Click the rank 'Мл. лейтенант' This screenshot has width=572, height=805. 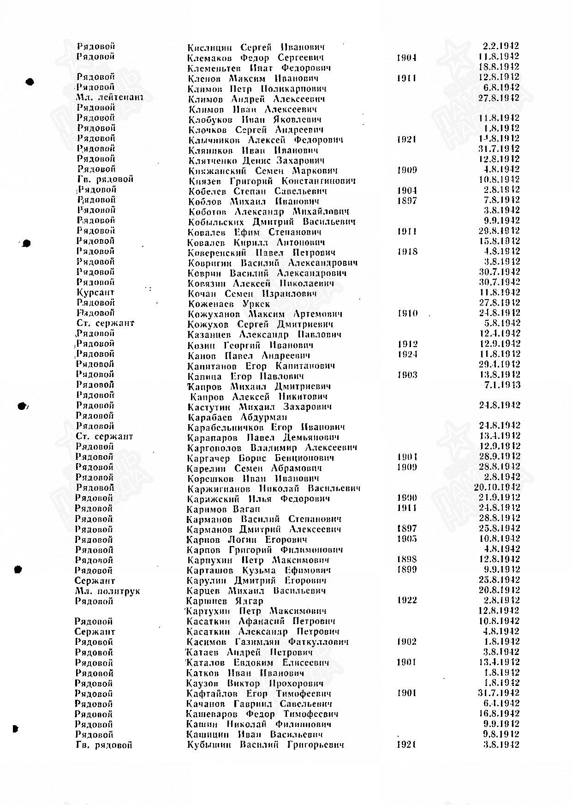point(110,97)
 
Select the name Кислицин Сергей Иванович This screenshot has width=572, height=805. point(256,47)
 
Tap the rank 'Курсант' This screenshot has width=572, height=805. point(95,293)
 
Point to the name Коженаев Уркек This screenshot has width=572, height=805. point(229,304)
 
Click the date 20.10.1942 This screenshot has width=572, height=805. point(497,487)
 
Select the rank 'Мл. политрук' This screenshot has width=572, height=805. point(107,591)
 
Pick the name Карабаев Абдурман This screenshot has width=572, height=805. point(237,417)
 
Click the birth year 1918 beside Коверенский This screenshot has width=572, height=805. point(407,252)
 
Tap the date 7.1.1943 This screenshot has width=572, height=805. point(502,385)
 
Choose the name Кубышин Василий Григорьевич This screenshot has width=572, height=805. point(265,745)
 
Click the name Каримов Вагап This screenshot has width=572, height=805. point(224,509)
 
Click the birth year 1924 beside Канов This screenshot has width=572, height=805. point(407,354)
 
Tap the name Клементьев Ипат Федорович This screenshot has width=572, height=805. point(259,68)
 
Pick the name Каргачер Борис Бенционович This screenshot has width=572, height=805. point(261,458)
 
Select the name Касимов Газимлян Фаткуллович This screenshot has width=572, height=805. point(268,642)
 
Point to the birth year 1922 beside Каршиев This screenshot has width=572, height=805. point(406,600)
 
